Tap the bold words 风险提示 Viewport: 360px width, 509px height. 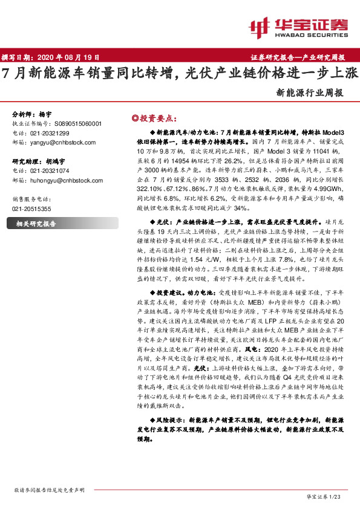pos(168,419)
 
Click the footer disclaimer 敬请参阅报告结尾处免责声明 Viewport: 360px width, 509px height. pos(49,491)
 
